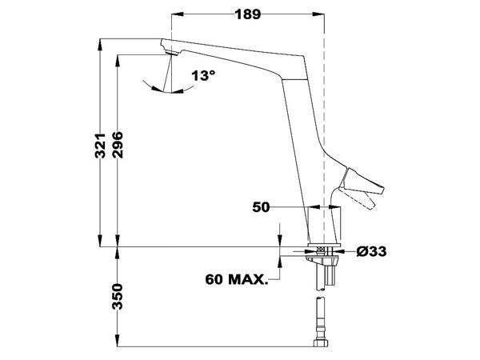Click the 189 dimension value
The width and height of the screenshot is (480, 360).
point(246,12)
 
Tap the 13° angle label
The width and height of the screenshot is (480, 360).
point(204,76)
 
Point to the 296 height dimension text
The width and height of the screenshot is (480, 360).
point(119,144)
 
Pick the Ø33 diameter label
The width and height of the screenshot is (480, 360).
point(371,251)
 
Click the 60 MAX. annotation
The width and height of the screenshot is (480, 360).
point(236,279)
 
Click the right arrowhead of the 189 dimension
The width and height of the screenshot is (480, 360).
point(318,13)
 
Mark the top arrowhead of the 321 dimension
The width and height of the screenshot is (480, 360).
point(101,44)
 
